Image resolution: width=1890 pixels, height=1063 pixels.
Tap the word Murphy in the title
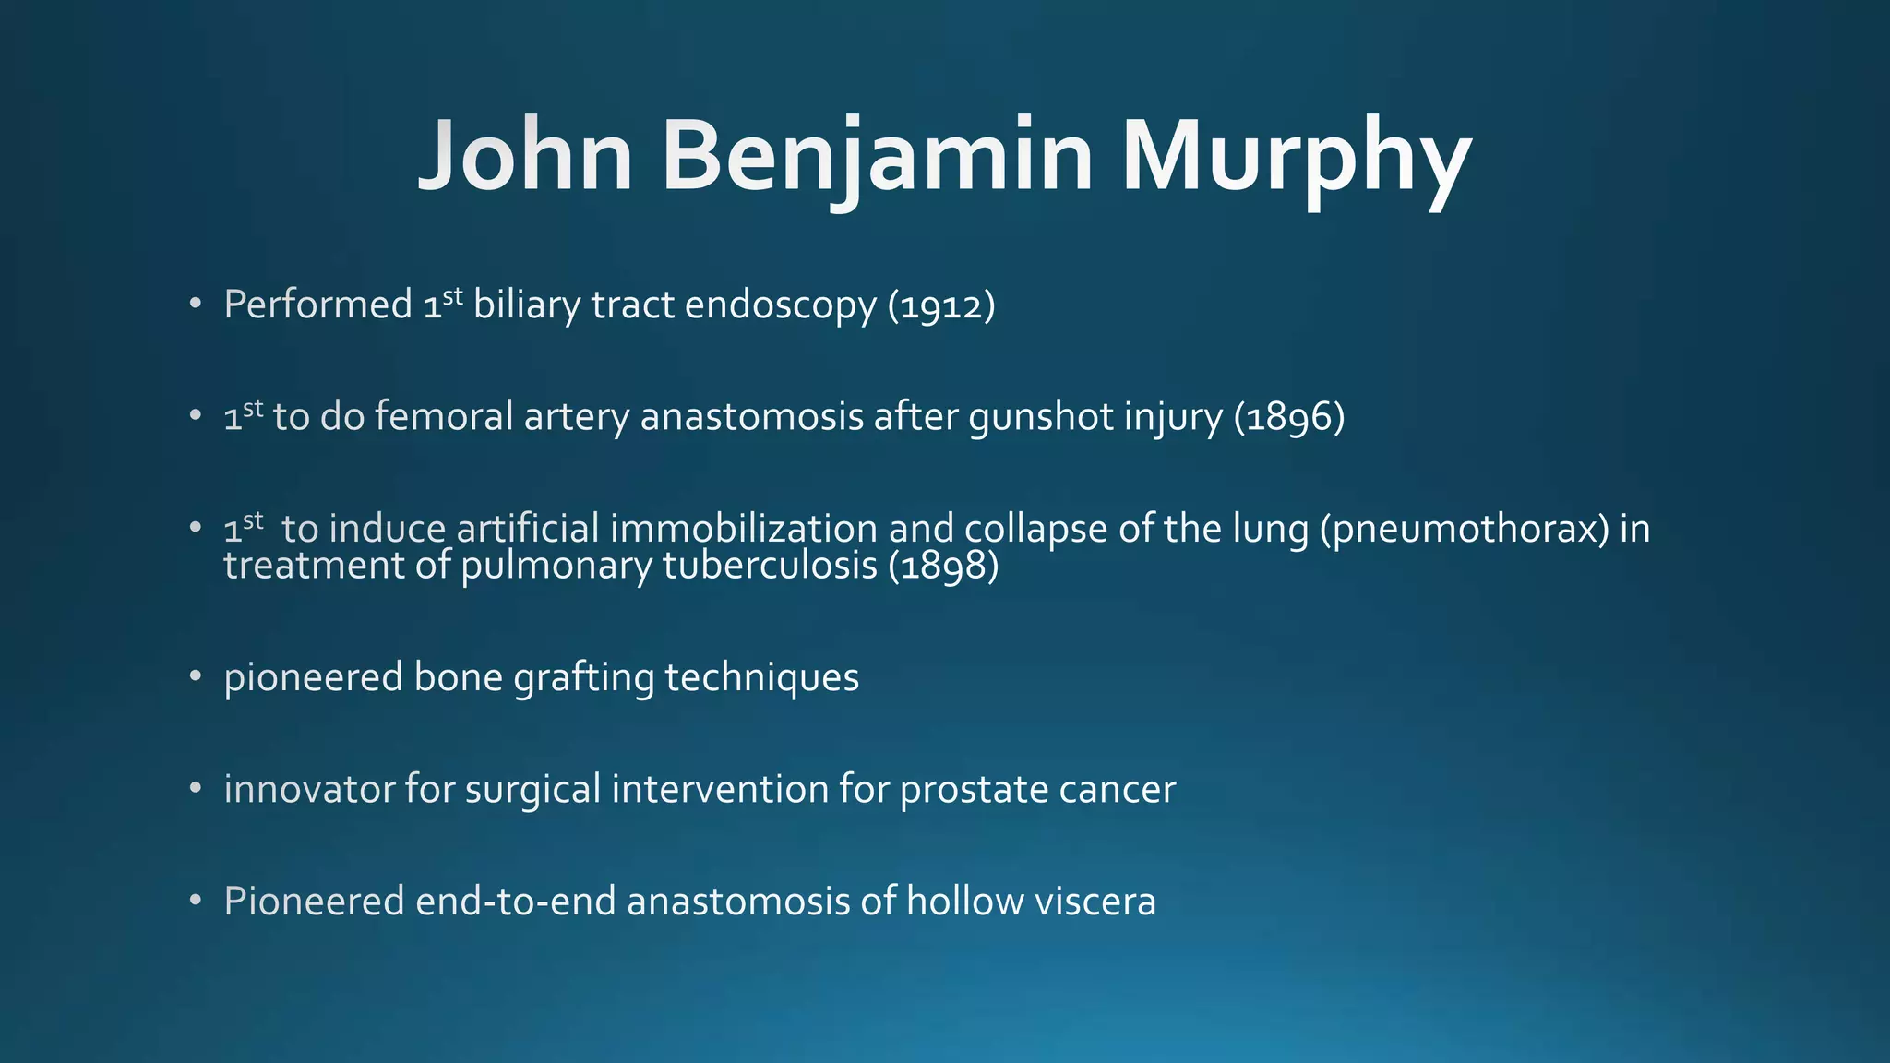1296,157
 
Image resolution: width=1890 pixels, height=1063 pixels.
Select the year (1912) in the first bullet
941,306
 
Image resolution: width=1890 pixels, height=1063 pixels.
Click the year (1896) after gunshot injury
1289,418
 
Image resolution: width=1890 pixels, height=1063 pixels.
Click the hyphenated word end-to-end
515,902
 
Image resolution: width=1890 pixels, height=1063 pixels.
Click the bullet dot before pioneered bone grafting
195,676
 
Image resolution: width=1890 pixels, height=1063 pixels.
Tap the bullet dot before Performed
195,304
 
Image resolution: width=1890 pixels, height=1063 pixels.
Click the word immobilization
743,529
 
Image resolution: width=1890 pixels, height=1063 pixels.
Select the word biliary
526,306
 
